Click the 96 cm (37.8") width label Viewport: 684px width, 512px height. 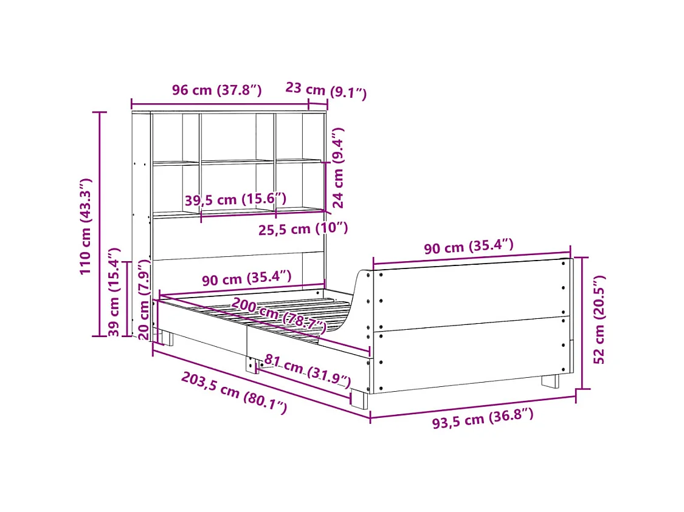(216, 90)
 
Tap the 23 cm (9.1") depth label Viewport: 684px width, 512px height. (326, 90)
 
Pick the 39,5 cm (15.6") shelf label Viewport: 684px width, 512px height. (235, 200)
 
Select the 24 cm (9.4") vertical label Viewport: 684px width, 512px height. (339, 168)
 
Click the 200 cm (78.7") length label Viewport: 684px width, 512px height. (278, 315)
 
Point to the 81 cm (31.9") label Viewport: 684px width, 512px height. (308, 372)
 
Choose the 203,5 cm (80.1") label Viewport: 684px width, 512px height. (233, 393)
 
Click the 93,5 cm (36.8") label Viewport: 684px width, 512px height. (483, 418)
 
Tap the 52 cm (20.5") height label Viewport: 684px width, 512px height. (599, 319)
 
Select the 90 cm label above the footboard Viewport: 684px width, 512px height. (468, 247)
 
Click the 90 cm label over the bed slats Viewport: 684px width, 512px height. (246, 279)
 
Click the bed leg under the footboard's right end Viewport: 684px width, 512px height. (550, 381)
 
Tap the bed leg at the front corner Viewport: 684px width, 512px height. (359, 399)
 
